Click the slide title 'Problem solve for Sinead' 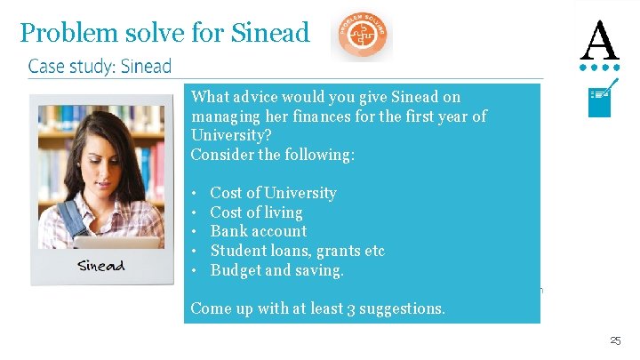[164, 34]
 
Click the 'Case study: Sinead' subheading [100, 67]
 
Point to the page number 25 [615, 340]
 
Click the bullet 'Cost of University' [273, 193]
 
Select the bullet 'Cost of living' [256, 212]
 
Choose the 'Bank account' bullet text [258, 231]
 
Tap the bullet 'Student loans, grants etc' [297, 251]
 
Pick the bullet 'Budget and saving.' [276, 270]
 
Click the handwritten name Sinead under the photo [100, 265]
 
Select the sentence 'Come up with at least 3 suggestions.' [318, 308]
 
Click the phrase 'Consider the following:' [273, 155]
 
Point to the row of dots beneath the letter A [599, 67]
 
